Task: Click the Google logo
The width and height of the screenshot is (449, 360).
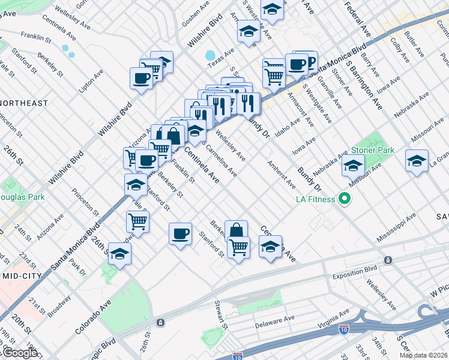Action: (19, 353)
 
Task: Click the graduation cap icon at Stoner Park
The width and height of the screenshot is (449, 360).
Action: (353, 165)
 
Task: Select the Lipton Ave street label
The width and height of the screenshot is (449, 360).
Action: (91, 82)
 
